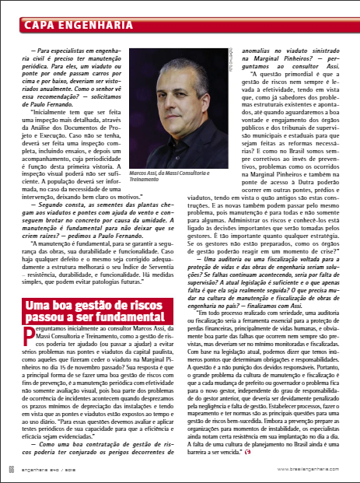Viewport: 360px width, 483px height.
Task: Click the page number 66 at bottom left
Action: (11, 470)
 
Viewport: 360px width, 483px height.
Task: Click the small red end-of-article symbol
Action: (313, 447)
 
